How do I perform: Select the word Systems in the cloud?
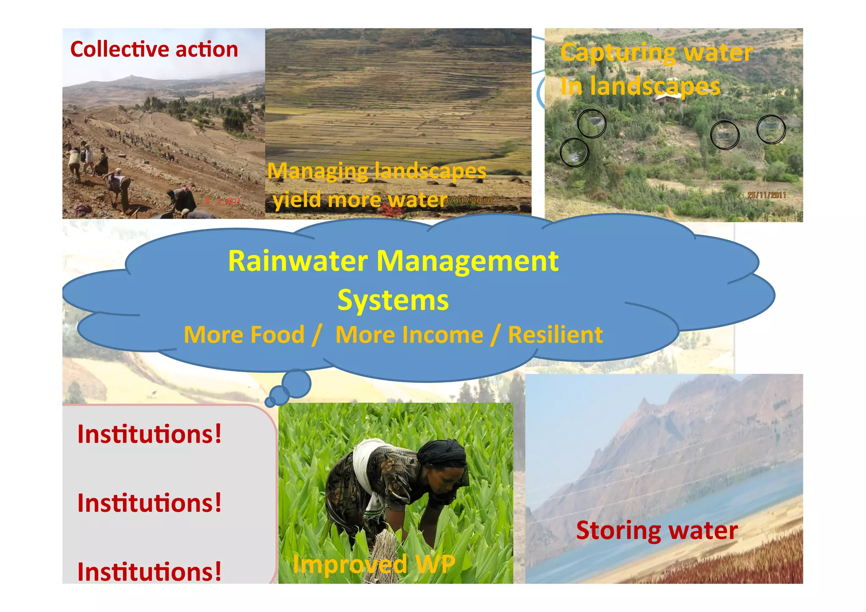pyautogui.click(x=393, y=300)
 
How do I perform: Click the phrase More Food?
pyautogui.click(x=244, y=335)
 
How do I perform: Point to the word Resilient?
pyautogui.click(x=555, y=335)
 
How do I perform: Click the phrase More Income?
pyautogui.click(x=409, y=335)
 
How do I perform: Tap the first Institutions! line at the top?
pyautogui.click(x=149, y=434)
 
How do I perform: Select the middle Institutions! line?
pyautogui.click(x=149, y=503)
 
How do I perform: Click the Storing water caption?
pyautogui.click(x=657, y=530)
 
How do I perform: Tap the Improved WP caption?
pyautogui.click(x=374, y=564)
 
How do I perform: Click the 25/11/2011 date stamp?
pyautogui.click(x=766, y=195)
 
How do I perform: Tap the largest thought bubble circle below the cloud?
pyautogui.click(x=296, y=383)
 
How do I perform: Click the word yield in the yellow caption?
pyautogui.click(x=296, y=200)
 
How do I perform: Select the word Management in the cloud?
pyautogui.click(x=467, y=261)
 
